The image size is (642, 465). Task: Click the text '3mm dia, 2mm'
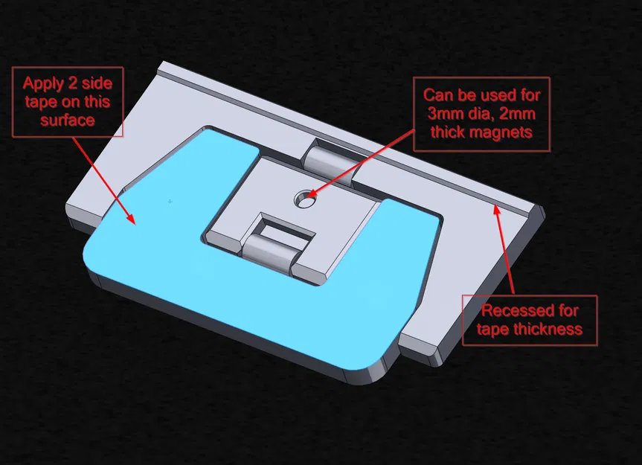pyautogui.click(x=482, y=113)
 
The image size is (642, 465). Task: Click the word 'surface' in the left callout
pyautogui.click(x=68, y=119)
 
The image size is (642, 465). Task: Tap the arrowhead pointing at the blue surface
pyautogui.click(x=131, y=217)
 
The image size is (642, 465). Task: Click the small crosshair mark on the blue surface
pyautogui.click(x=170, y=201)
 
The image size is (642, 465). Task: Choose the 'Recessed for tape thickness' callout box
pyautogui.click(x=529, y=319)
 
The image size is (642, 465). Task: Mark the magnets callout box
pyautogui.click(x=482, y=114)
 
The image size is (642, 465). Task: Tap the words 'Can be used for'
pyautogui.click(x=482, y=95)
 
